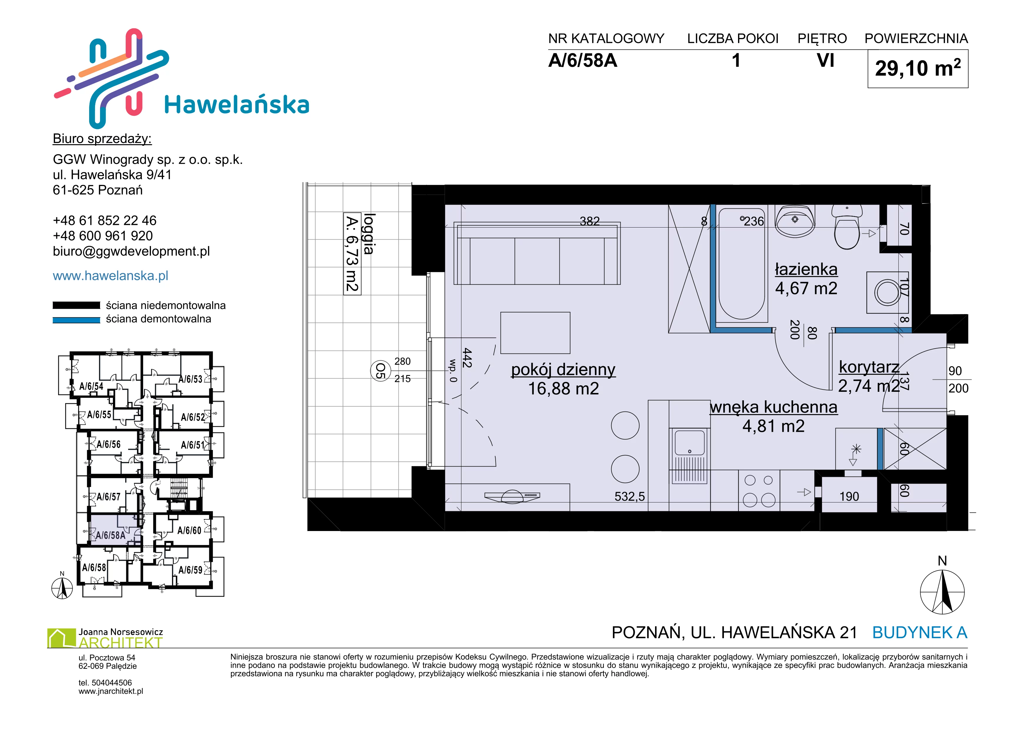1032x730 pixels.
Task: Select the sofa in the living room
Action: [537, 253]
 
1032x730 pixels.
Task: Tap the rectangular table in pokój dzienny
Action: [535, 333]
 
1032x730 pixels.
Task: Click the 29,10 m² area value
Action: [918, 68]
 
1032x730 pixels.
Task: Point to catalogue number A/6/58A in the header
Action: [583, 61]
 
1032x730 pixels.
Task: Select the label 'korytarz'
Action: [869, 367]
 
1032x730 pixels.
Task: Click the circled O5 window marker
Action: [380, 371]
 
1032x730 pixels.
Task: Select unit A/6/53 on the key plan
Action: [191, 379]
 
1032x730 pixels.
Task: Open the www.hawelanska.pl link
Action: [111, 276]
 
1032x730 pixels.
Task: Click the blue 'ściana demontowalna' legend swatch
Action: [77, 320]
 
